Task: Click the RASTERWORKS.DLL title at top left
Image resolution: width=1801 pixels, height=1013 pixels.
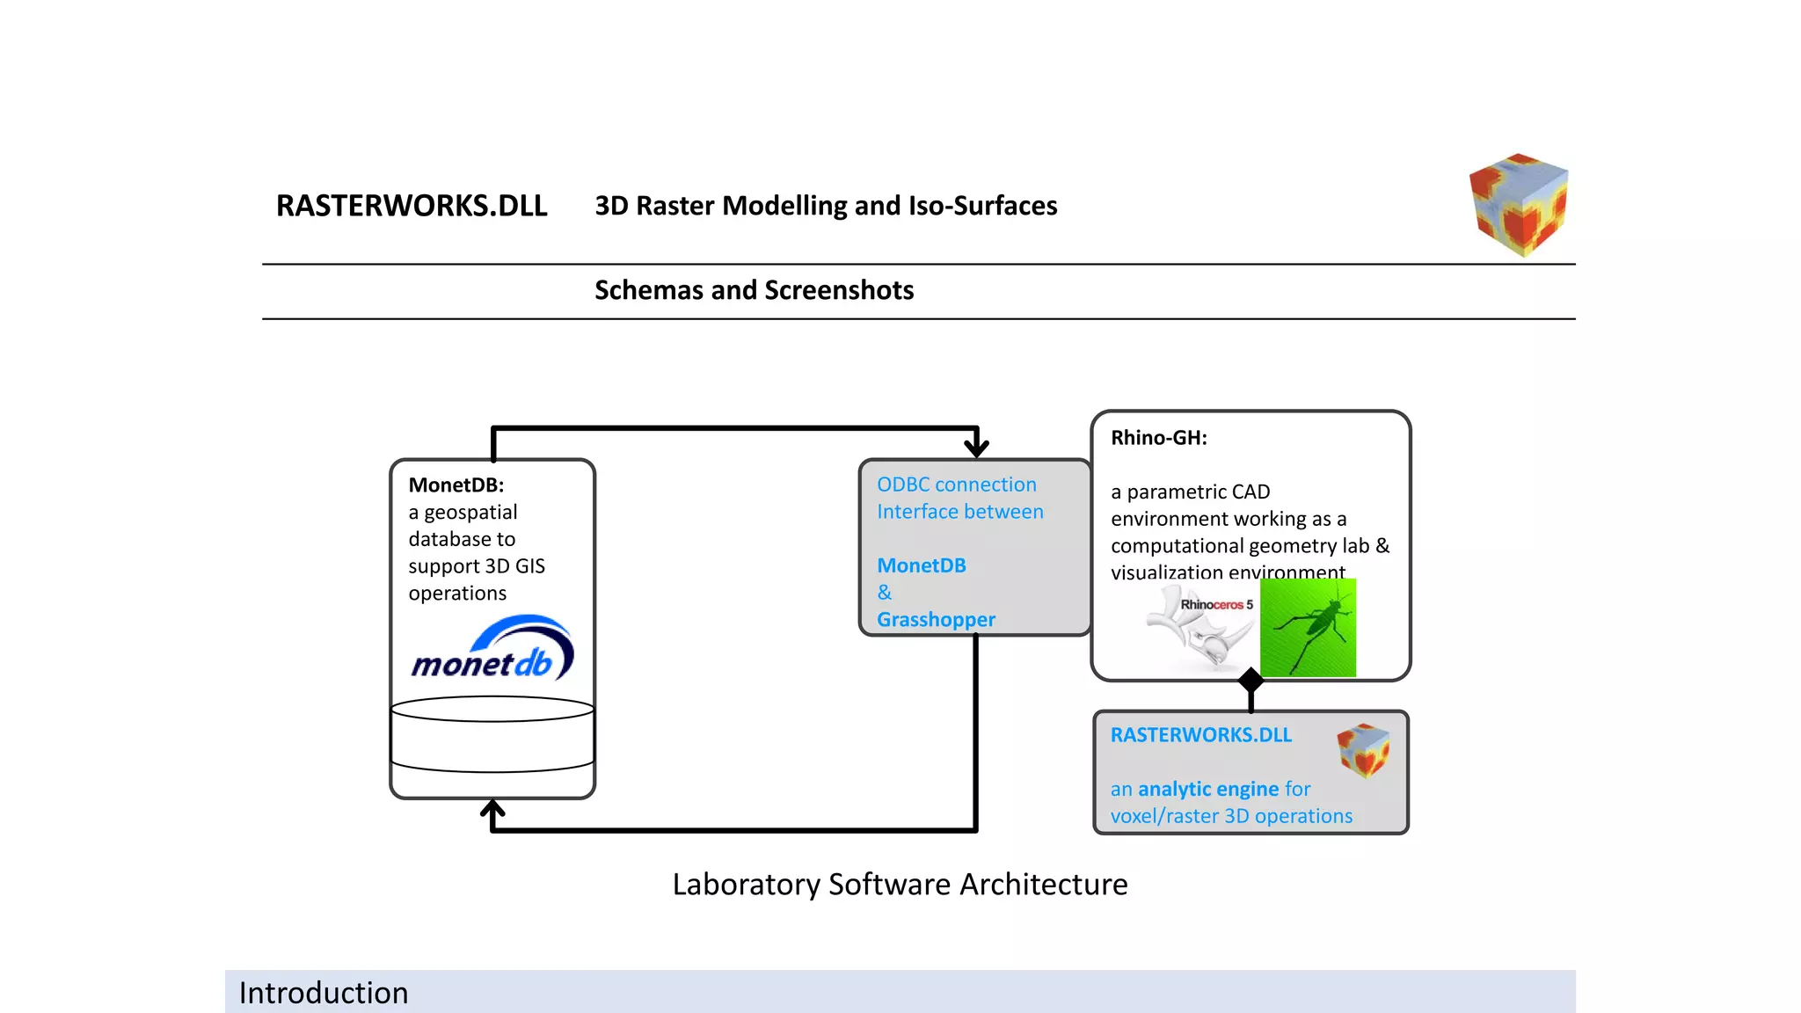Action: [412, 206]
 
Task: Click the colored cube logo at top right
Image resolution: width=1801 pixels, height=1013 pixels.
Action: [1519, 205]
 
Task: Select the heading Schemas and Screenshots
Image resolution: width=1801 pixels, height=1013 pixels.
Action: [754, 290]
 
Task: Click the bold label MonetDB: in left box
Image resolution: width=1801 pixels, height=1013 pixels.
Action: [456, 485]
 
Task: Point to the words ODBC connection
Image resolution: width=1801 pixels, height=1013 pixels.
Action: [956, 485]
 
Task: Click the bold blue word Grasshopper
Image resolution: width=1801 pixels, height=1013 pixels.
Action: [936, 620]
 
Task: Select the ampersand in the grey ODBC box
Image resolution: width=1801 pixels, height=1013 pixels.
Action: [885, 593]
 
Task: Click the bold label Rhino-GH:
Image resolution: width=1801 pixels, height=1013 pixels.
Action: [1158, 438]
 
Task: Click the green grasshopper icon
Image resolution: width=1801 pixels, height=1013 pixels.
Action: [1308, 628]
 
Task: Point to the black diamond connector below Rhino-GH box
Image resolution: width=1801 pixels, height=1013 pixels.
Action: [1250, 680]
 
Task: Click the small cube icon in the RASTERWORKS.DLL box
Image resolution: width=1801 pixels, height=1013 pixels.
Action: [1363, 750]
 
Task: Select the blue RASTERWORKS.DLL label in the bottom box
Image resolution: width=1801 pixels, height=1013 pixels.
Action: [1200, 735]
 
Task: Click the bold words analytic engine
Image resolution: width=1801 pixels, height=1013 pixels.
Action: [1207, 789]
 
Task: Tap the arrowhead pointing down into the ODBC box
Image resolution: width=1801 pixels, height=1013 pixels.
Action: [976, 448]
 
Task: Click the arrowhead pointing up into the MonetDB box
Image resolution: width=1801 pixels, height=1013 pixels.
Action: [492, 808]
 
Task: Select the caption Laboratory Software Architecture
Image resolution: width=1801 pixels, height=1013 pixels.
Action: [900, 884]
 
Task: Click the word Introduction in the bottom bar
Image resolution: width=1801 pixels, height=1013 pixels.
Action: [324, 993]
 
